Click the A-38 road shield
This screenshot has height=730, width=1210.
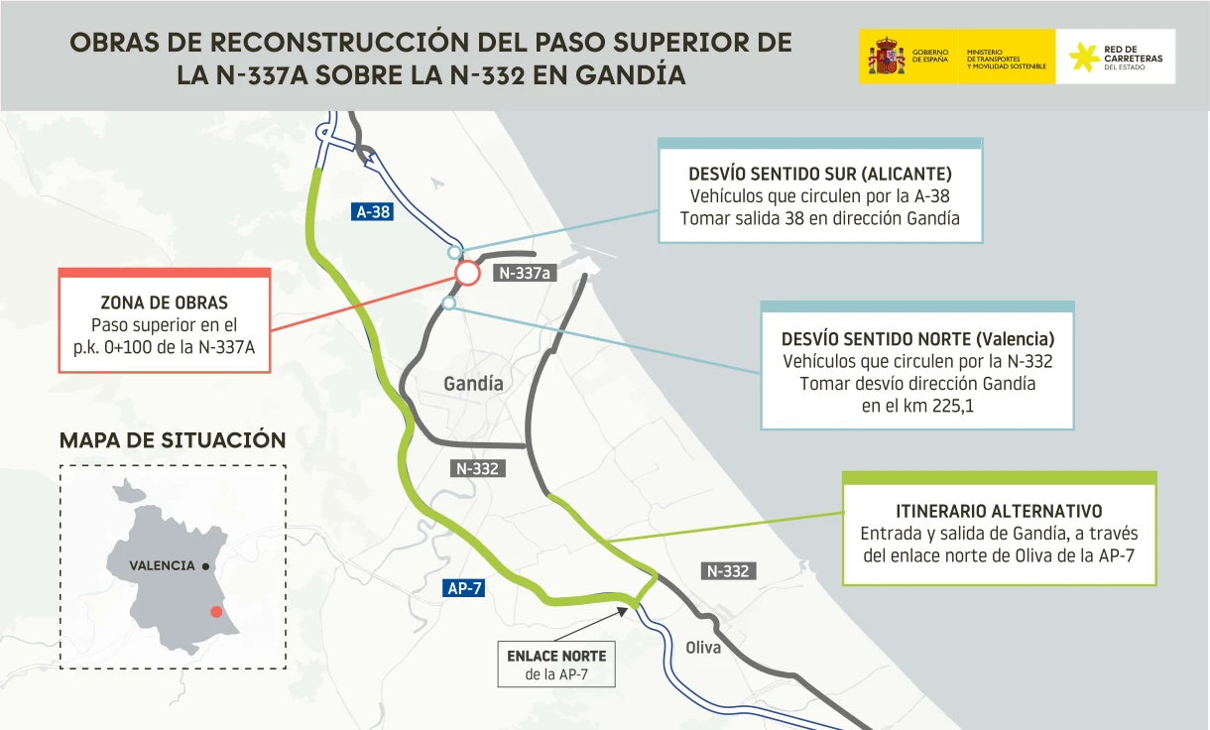click(373, 211)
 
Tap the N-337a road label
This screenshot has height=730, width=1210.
click(525, 274)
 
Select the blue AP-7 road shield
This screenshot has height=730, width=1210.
click(464, 588)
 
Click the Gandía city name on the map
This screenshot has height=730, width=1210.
click(473, 384)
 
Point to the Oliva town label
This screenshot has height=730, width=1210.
click(703, 648)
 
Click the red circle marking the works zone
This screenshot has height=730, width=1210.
click(467, 273)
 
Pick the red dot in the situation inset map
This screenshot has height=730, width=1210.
click(216, 612)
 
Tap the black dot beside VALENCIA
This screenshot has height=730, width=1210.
click(205, 566)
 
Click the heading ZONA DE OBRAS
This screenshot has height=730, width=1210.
click(165, 303)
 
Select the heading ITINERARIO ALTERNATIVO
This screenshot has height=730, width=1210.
click(999, 512)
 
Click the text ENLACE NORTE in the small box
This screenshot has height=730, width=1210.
click(555, 657)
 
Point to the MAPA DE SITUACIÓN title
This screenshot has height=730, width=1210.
click(173, 440)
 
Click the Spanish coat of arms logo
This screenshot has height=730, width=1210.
click(886, 56)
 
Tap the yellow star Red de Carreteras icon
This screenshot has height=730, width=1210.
click(1083, 57)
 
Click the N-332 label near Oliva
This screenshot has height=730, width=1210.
click(728, 571)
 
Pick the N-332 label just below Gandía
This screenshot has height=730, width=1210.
click(477, 469)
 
